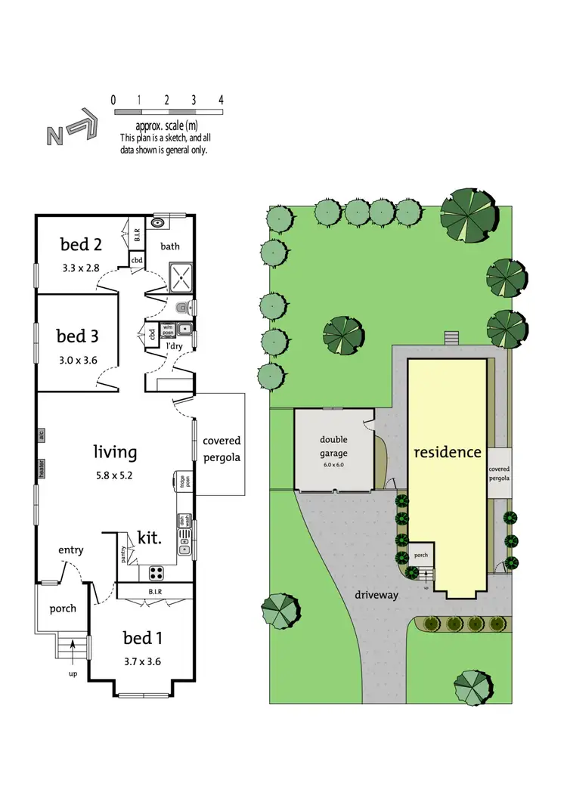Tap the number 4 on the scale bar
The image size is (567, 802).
point(221,100)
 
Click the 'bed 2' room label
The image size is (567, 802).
point(81,244)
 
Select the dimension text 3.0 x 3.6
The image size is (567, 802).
point(77,361)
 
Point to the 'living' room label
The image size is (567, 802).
point(115,452)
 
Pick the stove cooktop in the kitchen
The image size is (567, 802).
point(157,571)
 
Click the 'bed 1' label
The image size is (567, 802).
point(142,639)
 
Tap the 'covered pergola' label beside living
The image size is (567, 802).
point(222,449)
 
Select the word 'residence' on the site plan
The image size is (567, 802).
point(447,452)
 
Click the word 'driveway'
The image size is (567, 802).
point(376,595)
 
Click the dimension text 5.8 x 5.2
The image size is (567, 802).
point(115,476)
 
